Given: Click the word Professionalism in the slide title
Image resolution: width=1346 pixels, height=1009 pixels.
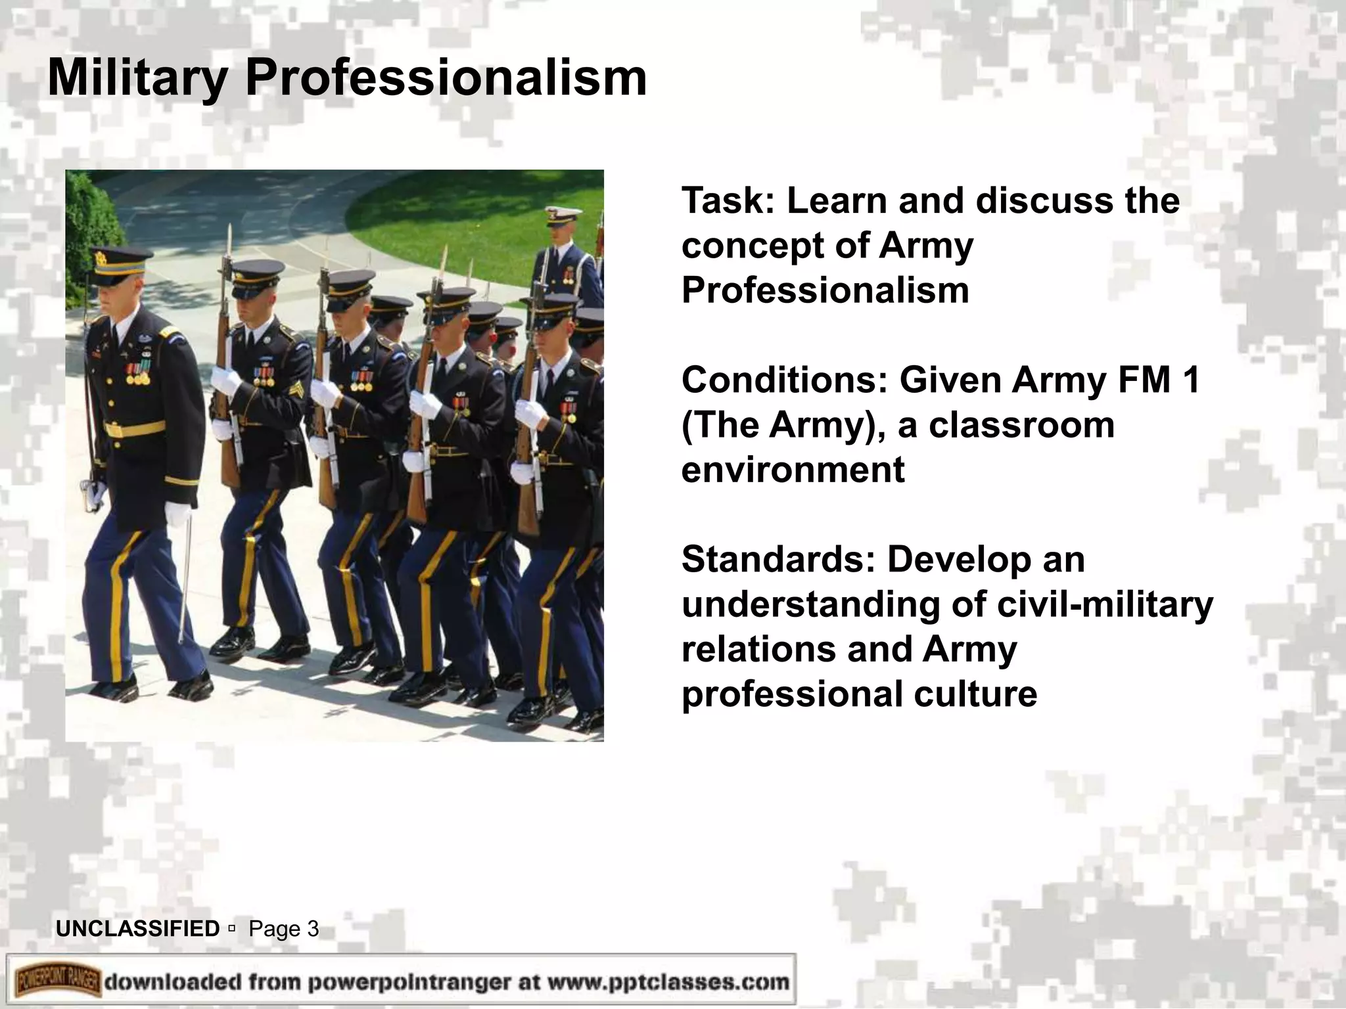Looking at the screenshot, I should [446, 79].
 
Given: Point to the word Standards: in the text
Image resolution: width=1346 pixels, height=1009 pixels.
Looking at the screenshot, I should [778, 559].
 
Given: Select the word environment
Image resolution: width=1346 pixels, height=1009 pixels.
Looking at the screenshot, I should [793, 470].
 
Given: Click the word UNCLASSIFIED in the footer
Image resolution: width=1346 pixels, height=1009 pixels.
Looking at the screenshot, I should [138, 929].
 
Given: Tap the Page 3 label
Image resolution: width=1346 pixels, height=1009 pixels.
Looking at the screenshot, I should [284, 929].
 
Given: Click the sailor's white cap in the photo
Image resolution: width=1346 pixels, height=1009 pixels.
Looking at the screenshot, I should [563, 213].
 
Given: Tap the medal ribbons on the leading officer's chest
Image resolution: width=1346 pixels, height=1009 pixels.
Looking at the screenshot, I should [138, 374].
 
